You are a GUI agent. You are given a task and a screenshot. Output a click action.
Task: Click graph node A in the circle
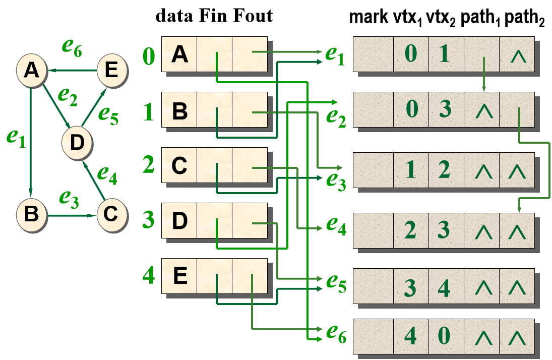(x=31, y=70)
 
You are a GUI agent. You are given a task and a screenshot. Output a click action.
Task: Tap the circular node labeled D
(x=77, y=143)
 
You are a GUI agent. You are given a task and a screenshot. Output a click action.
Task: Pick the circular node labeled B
(x=31, y=214)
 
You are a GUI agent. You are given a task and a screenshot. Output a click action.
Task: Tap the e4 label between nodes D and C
(x=107, y=174)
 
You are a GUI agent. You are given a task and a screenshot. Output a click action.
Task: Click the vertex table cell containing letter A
(x=179, y=54)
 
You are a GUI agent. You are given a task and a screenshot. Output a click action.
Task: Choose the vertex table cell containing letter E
(x=179, y=276)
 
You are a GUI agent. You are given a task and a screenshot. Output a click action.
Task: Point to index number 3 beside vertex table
(x=149, y=220)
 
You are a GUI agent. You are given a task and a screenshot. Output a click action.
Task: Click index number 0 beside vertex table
(x=149, y=56)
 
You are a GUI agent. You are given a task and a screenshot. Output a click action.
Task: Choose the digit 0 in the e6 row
(x=444, y=336)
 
